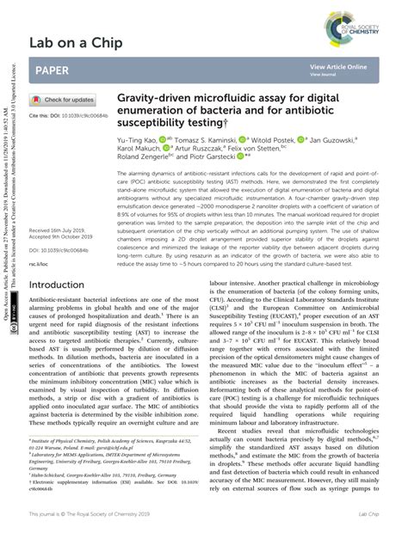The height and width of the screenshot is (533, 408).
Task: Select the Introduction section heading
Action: tap(57, 285)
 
